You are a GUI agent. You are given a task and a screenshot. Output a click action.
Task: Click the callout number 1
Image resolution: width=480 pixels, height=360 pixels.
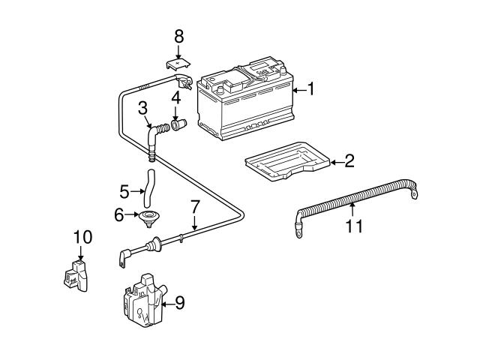[310, 91]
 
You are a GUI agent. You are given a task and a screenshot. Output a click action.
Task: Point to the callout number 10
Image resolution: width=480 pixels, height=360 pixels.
[82, 238]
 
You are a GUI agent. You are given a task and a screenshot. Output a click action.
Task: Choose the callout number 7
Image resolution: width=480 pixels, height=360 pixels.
[194, 206]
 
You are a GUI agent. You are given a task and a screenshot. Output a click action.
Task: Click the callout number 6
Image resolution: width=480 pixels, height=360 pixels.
[118, 216]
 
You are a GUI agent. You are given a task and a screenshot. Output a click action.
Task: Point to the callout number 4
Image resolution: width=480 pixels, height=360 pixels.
[175, 97]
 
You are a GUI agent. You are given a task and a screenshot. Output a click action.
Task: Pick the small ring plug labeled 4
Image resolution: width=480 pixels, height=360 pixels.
[178, 124]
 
